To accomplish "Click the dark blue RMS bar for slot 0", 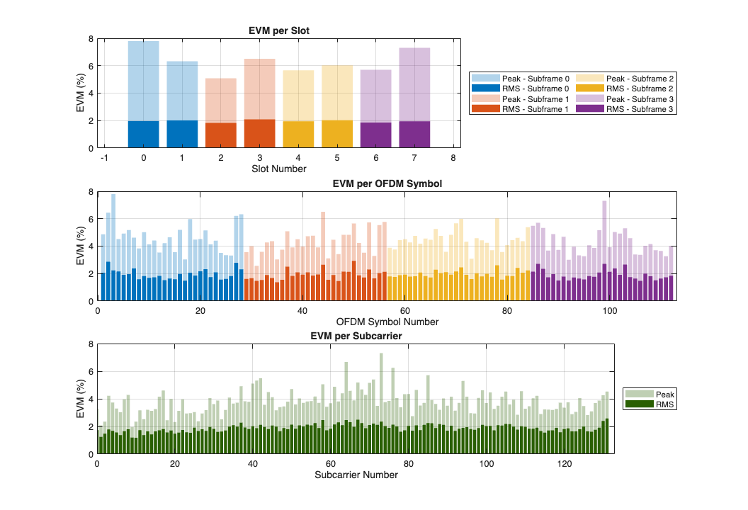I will pyautogui.click(x=144, y=135).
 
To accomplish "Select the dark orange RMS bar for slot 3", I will pyautogui.click(x=259, y=134).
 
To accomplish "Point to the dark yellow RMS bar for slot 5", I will pyautogui.click(x=337, y=135).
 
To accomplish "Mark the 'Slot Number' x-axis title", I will pyautogui.click(x=279, y=169).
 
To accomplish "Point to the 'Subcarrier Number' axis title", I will pyautogui.click(x=356, y=475).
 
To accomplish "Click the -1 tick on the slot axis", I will pyautogui.click(x=105, y=158).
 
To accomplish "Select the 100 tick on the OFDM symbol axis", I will pyautogui.click(x=609, y=311).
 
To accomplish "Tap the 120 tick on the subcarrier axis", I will pyautogui.click(x=565, y=464).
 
